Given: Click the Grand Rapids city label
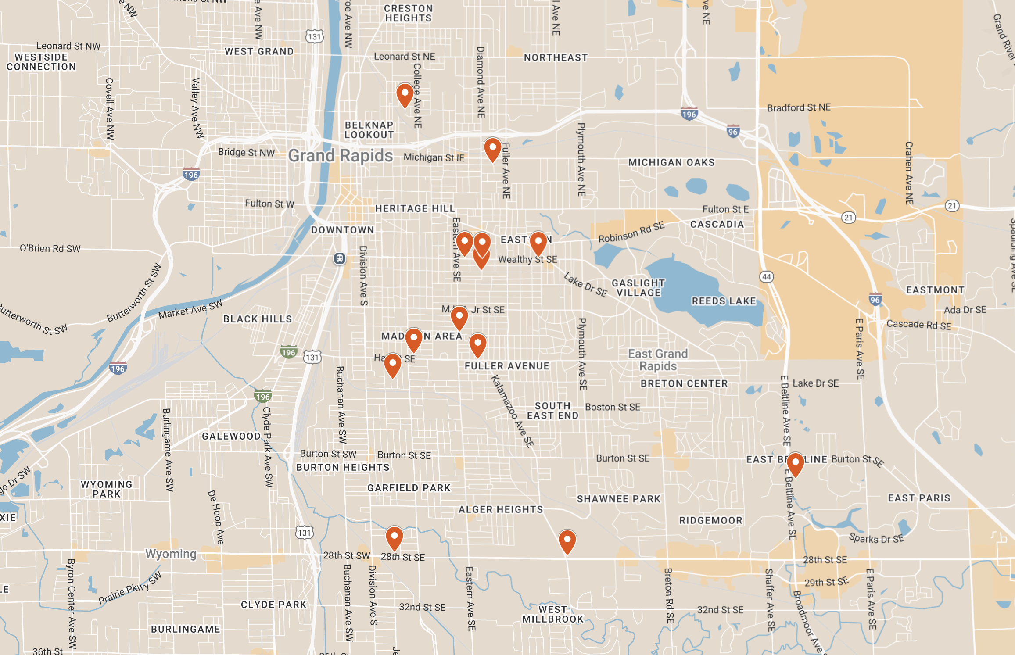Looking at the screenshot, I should (x=341, y=156).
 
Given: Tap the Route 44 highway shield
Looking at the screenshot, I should (x=766, y=277).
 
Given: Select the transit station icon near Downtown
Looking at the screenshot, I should (x=339, y=258).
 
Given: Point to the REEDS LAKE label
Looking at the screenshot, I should (x=724, y=301).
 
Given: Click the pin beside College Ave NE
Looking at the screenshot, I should (x=405, y=95).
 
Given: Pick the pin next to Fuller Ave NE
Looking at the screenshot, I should (x=492, y=149).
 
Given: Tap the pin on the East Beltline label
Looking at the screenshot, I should (x=795, y=464).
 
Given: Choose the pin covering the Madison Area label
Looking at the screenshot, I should (x=413, y=339).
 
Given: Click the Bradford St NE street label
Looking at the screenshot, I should (x=799, y=107).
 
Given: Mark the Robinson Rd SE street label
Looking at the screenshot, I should (x=631, y=232).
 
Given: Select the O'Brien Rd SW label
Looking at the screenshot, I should (x=50, y=248).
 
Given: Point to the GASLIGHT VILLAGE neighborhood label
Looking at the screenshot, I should (x=638, y=288).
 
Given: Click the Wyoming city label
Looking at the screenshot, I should (x=171, y=554).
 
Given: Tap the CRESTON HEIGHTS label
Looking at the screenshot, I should (x=409, y=13).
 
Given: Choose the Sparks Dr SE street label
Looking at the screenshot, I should (x=876, y=538).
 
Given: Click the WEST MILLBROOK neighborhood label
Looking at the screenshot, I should (x=553, y=614).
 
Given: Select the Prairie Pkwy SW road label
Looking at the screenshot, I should (x=130, y=588).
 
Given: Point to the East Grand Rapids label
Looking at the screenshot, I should (x=658, y=360).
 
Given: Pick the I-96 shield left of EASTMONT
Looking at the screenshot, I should (x=875, y=300).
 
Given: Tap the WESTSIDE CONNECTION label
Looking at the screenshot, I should (x=41, y=62).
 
